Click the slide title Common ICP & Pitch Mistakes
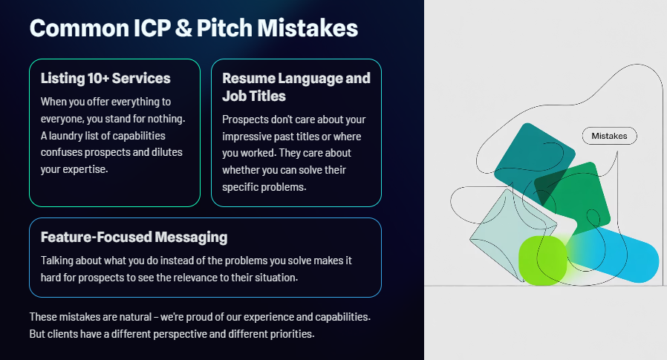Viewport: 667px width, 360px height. [x=193, y=28]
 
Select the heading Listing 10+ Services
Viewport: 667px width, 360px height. [x=105, y=78]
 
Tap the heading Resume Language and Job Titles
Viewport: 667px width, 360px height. [x=296, y=87]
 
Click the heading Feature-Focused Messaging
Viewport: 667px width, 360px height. [x=134, y=238]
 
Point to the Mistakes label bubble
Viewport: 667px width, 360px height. [x=610, y=136]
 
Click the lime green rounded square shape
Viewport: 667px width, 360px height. [x=542, y=260]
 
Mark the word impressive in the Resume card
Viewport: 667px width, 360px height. [x=250, y=137]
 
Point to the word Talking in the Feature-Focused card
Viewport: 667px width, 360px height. [x=59, y=261]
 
